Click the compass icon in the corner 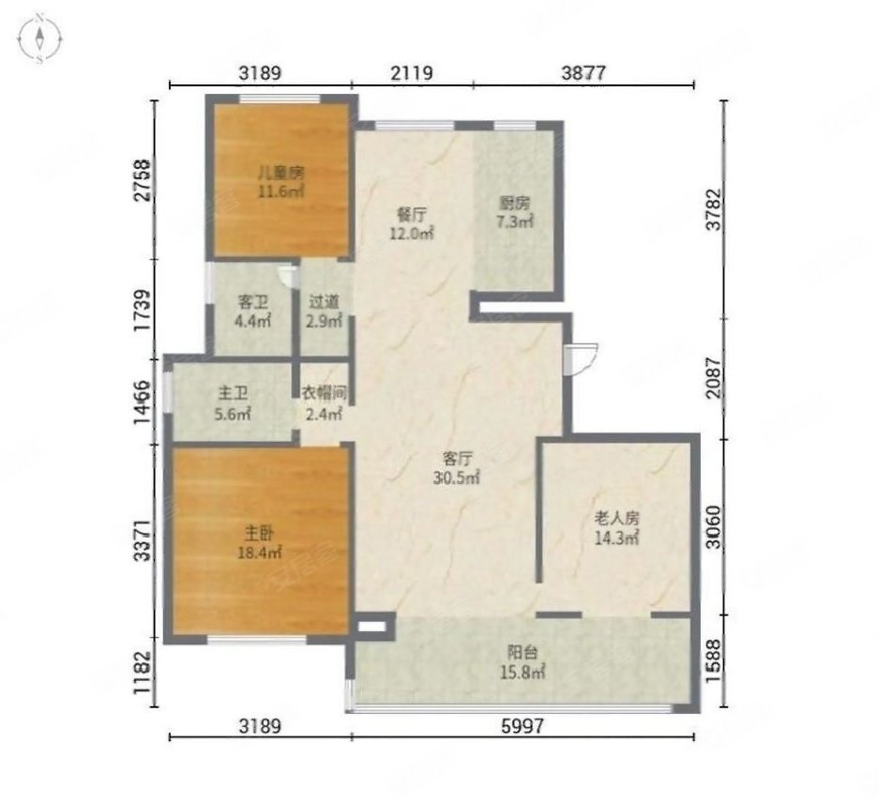pos(39,39)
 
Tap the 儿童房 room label pos(280,172)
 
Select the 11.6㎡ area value pos(280,191)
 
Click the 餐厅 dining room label pos(412,214)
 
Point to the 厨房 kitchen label pos(514,203)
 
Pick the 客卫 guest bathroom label pos(253,302)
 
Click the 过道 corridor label pos(324,302)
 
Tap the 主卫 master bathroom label pos(233,393)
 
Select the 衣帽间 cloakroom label pos(324,393)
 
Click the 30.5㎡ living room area pos(456,478)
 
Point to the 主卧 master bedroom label pos(259,533)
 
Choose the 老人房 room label pos(616,519)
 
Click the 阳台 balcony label pos(523,652)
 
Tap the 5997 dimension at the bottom pos(523,726)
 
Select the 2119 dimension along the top pos(412,73)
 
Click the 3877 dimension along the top pos(583,73)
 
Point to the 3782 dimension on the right pos(714,208)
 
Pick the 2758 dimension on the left pos(143,180)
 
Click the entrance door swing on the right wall pos(582,358)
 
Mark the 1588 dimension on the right pos(714,660)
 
